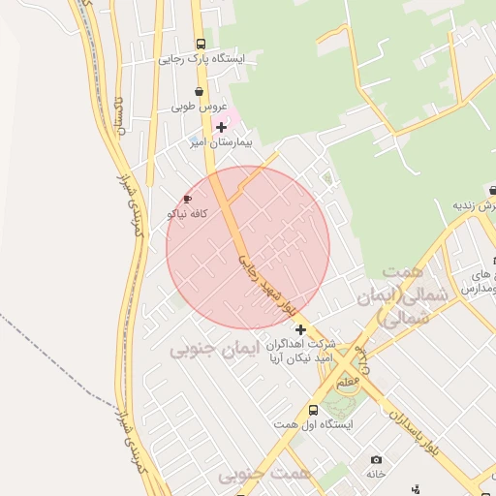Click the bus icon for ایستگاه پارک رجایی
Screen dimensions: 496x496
pyautogui.click(x=201, y=44)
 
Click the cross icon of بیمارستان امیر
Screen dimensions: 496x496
pyautogui.click(x=222, y=127)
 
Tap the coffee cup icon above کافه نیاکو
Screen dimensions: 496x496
pyautogui.click(x=187, y=199)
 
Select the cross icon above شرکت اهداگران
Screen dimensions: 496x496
pyautogui.click(x=299, y=329)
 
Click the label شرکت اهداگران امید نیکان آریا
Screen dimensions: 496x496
pyautogui.click(x=299, y=351)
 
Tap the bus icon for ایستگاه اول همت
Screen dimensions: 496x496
pyautogui.click(x=313, y=410)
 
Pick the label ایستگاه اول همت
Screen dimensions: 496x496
pyautogui.click(x=313, y=424)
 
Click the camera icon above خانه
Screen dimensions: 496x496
pyautogui.click(x=376, y=459)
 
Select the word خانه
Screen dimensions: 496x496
pyautogui.click(x=376, y=474)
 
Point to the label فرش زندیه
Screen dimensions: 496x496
pyautogui.click(x=475, y=206)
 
